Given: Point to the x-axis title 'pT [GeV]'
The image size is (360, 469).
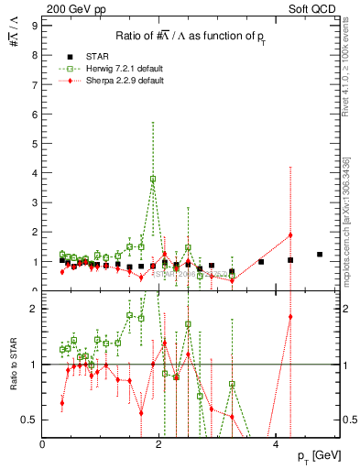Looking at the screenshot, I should point(317,455).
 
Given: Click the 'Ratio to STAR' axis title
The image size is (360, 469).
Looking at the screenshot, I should point(13,365).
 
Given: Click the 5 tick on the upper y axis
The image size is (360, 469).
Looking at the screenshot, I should point(34,144).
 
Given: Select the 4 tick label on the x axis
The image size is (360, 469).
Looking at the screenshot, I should point(278,443).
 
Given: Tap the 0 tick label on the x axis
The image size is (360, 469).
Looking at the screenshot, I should point(43,443).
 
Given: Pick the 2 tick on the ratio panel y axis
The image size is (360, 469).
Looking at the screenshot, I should point(34,309).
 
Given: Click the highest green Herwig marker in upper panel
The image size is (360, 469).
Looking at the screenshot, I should point(153,179).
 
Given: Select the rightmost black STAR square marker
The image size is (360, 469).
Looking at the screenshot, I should point(320,255).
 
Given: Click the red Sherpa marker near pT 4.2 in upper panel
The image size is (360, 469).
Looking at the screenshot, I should point(290,235).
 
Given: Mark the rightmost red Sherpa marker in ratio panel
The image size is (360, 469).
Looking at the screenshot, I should point(290,317).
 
